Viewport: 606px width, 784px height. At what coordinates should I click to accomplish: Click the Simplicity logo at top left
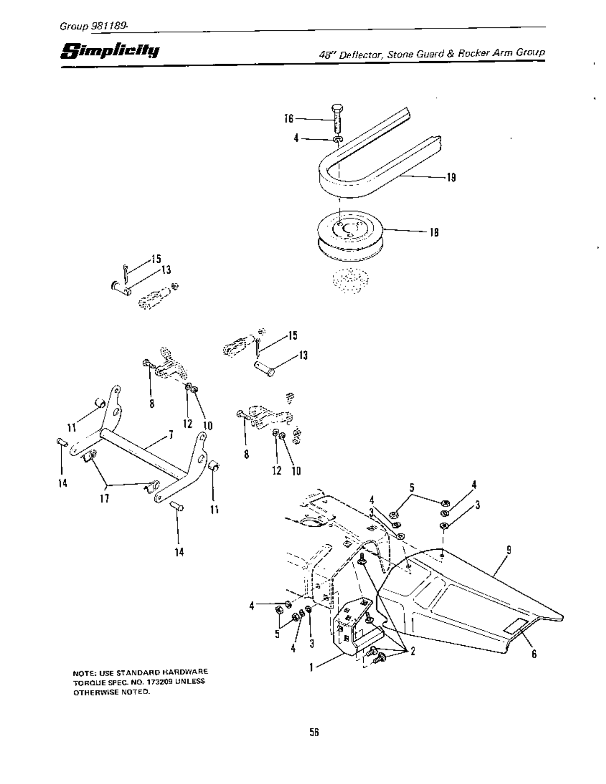(110, 50)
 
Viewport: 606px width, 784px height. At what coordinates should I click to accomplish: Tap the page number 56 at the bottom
(313, 732)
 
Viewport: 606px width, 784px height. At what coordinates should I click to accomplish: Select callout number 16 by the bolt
(288, 118)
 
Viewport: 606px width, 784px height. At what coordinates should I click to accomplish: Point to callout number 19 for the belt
(451, 177)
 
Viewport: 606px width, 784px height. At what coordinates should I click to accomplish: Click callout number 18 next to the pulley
(434, 232)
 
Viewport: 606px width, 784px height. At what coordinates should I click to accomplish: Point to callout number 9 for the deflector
(508, 550)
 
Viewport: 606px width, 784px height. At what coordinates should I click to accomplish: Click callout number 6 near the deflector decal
(534, 654)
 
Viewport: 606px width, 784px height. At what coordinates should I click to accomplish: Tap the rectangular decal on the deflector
(514, 626)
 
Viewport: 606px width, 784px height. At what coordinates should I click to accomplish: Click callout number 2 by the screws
(412, 652)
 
